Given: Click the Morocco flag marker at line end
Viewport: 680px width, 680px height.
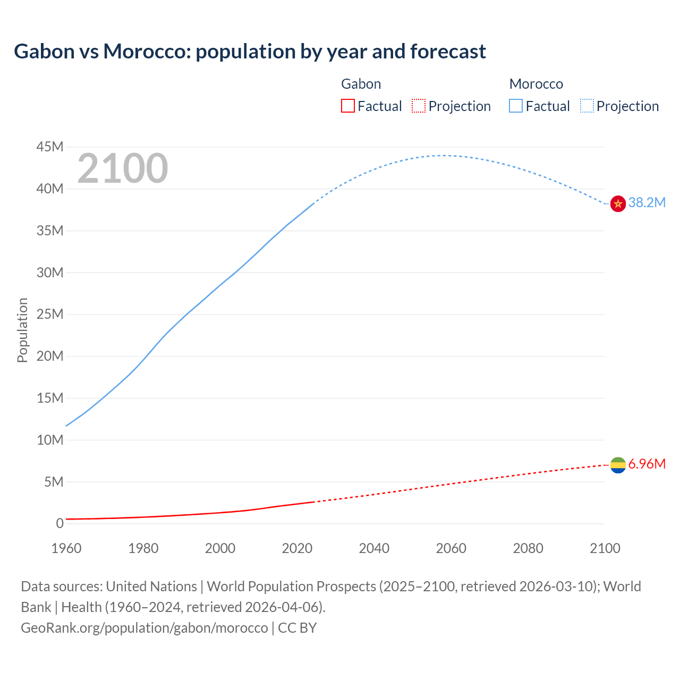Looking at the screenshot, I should (618, 203).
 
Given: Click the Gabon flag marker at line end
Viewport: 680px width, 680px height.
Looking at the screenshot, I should (618, 465).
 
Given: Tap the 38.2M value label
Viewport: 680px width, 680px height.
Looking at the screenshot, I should (647, 202).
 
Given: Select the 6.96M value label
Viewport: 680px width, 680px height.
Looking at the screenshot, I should (647, 464).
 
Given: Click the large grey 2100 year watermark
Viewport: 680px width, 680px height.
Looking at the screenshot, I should (123, 168).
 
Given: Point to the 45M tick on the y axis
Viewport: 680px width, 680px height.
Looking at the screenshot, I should (50, 147).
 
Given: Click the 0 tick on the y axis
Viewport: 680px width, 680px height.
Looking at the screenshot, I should (59, 524).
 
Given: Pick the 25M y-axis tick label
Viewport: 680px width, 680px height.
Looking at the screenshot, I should (50, 314).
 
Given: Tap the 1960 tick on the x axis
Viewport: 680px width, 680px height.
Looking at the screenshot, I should (66, 548).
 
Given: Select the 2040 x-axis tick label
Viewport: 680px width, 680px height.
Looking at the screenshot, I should (374, 548).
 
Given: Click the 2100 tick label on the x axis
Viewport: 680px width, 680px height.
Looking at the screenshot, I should (605, 548).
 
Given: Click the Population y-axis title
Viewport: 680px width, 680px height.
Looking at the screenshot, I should (22, 330).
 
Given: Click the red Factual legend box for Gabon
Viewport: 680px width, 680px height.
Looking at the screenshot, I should (348, 106).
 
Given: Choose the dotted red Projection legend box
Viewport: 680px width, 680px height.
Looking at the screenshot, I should (419, 106).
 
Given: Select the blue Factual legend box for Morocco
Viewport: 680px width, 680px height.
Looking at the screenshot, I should (516, 106).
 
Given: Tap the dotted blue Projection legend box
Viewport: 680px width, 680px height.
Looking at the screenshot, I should (586, 106).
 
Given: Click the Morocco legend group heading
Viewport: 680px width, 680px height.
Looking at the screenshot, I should (536, 84).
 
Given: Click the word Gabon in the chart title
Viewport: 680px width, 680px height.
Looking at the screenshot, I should (45, 52).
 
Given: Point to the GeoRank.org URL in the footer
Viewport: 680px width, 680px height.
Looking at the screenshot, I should (144, 628).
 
